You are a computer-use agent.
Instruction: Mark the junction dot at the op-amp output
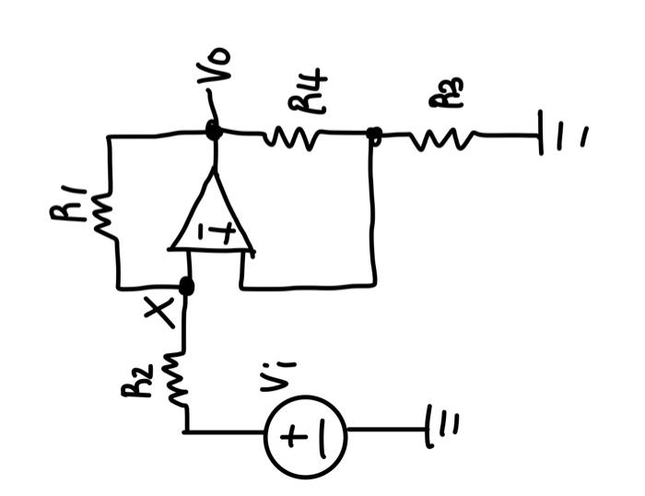click(x=214, y=132)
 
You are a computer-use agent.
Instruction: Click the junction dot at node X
click(x=186, y=287)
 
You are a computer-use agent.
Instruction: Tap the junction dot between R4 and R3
click(x=373, y=136)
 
